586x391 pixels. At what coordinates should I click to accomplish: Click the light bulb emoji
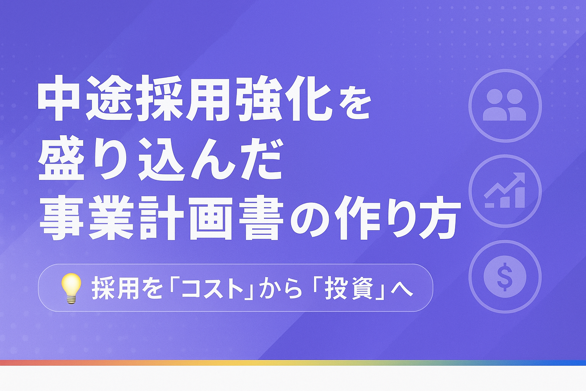tap(71, 288)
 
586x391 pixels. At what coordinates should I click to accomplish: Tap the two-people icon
tap(505, 105)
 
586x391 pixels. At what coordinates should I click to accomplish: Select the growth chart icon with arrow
tap(505, 191)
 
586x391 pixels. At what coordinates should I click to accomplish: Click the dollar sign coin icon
tap(505, 276)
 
